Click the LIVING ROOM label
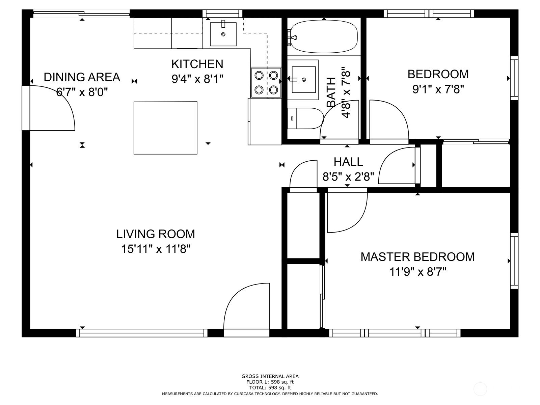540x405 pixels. [x=156, y=234]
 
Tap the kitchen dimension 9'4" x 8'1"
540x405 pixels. [x=197, y=79]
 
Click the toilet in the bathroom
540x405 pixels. [x=305, y=118]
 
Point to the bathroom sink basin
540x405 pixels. [x=304, y=79]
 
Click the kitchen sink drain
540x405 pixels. [x=223, y=34]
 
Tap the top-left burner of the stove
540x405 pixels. [x=259, y=75]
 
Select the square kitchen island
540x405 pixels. [x=165, y=128]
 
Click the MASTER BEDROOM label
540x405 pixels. [x=417, y=257]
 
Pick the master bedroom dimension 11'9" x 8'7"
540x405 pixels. [x=418, y=272]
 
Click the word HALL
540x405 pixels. [x=348, y=162]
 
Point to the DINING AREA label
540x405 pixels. [x=82, y=77]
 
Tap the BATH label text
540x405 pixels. [x=331, y=92]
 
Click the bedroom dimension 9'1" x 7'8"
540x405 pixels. [x=438, y=89]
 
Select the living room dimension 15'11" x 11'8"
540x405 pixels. [x=156, y=249]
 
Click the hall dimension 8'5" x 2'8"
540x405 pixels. [x=348, y=177]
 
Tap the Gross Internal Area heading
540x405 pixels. [x=270, y=376]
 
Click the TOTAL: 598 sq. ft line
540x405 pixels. [x=270, y=388]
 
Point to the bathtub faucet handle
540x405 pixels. [x=294, y=37]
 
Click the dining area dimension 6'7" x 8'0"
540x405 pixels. [x=82, y=92]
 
